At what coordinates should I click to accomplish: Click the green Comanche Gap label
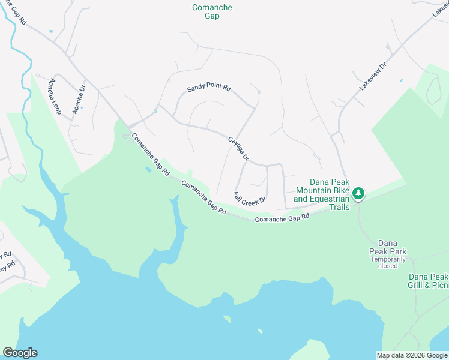212,11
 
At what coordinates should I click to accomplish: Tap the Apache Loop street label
55,97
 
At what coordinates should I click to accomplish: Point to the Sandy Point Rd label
208,88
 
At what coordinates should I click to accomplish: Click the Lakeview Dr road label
373,76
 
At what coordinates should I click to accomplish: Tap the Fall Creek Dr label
250,197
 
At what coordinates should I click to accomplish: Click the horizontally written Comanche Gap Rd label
282,218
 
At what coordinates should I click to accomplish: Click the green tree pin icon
358,193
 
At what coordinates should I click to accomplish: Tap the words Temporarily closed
388,262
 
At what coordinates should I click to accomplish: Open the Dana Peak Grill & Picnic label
428,281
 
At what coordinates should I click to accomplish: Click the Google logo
20,353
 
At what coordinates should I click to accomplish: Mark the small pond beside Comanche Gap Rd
148,170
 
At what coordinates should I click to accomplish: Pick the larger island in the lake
227,319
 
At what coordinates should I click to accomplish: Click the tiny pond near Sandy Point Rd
155,110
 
